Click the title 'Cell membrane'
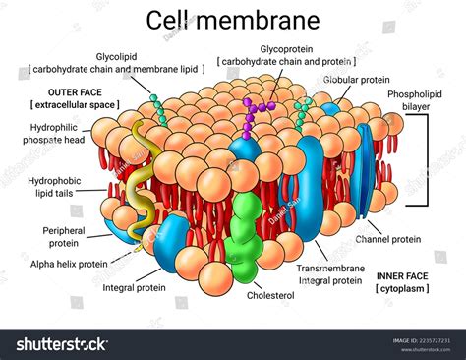pyautogui.click(x=232, y=20)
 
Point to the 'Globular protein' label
pyautogui.click(x=358, y=81)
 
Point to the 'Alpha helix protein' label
pyautogui.click(x=69, y=265)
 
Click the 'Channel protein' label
pyautogui.click(x=389, y=238)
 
